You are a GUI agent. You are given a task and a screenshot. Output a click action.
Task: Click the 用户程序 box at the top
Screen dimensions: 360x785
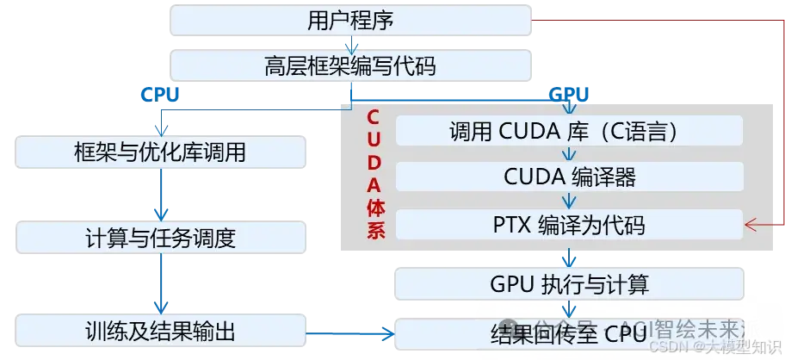pos(349,21)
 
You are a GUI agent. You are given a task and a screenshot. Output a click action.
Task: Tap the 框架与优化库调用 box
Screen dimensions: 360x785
pos(161,153)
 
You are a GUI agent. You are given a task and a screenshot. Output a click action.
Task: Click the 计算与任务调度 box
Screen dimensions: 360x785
pos(161,238)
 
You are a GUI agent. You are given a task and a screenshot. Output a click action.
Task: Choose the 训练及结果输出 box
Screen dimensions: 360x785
pos(161,330)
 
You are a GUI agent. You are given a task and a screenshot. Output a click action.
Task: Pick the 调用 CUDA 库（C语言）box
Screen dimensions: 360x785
pos(568,131)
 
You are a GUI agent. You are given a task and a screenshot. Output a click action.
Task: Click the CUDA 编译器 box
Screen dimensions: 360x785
pos(568,177)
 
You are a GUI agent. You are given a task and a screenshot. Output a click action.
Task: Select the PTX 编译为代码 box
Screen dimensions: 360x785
pos(568,226)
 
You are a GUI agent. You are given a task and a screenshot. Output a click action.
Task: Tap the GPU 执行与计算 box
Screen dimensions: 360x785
pos(568,283)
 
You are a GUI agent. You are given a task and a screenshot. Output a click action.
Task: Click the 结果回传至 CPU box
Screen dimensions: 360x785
pos(568,332)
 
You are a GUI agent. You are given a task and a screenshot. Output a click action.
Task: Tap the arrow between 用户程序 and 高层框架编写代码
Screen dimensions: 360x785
pos(349,44)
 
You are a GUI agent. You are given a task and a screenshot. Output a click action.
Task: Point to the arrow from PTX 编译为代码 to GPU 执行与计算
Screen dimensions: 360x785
pos(568,256)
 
